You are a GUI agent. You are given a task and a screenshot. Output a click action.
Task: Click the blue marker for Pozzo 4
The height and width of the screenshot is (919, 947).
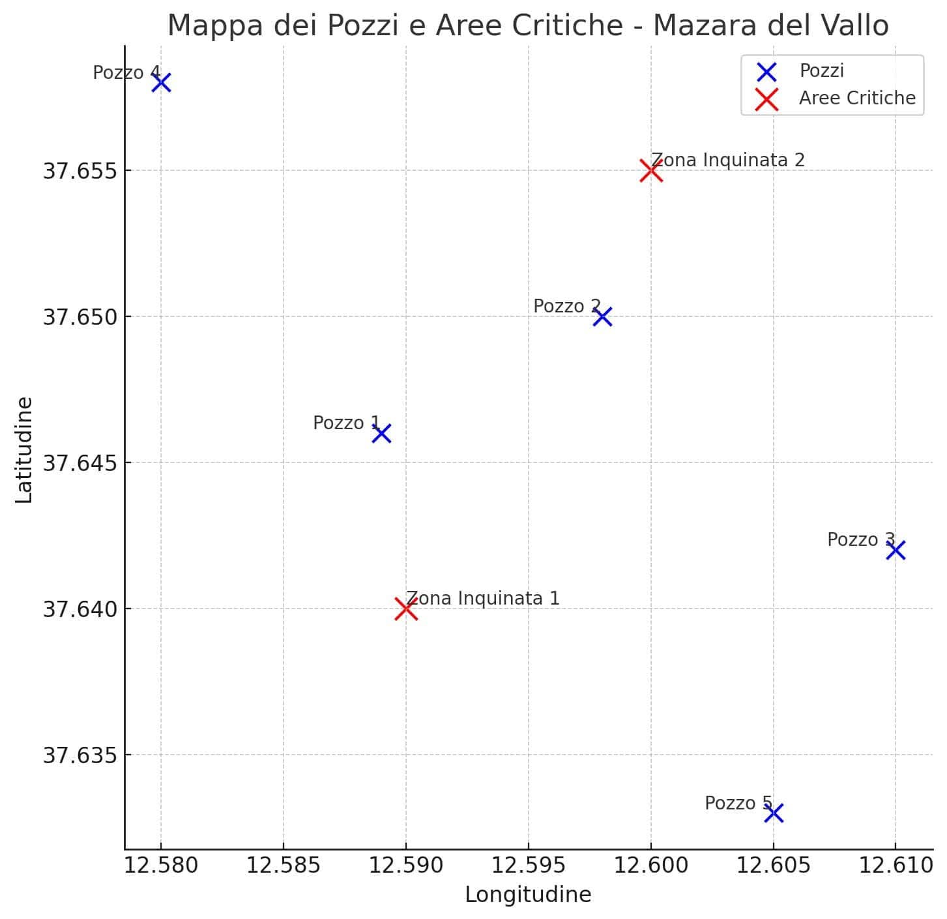click(x=161, y=83)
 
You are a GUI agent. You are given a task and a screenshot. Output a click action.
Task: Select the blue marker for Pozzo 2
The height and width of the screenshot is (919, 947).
click(x=602, y=317)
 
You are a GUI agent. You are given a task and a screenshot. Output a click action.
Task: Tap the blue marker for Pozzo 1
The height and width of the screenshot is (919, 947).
click(x=381, y=433)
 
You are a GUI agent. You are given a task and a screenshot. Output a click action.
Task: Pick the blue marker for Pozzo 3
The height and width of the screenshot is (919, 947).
click(x=896, y=550)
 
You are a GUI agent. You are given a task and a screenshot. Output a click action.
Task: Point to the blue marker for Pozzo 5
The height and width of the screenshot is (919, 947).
click(x=773, y=813)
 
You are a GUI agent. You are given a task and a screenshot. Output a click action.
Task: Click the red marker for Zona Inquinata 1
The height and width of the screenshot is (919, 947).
click(x=405, y=609)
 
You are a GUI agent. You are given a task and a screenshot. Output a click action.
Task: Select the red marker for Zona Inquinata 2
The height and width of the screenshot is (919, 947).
click(x=650, y=171)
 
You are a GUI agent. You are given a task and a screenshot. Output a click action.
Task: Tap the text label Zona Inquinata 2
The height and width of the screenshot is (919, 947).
click(x=728, y=160)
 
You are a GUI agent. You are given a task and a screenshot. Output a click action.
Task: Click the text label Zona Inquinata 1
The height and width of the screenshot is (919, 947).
click(x=483, y=598)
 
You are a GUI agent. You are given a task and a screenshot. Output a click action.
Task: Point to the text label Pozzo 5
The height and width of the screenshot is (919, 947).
click(x=738, y=803)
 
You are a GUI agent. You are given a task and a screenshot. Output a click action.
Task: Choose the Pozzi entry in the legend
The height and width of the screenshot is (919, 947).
click(x=821, y=70)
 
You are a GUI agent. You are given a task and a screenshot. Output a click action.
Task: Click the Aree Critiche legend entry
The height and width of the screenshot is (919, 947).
click(x=856, y=98)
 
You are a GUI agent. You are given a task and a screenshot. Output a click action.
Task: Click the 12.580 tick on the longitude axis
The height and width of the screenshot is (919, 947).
click(x=161, y=866)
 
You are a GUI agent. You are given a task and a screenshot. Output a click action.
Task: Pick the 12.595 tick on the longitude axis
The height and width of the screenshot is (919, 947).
click(x=528, y=866)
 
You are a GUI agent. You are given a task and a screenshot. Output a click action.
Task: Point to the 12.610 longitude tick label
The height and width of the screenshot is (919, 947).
click(x=896, y=866)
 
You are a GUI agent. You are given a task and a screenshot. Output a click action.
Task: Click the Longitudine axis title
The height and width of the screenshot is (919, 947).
click(x=528, y=894)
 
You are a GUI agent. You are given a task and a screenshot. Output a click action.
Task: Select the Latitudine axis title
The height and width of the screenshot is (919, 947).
click(x=24, y=449)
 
